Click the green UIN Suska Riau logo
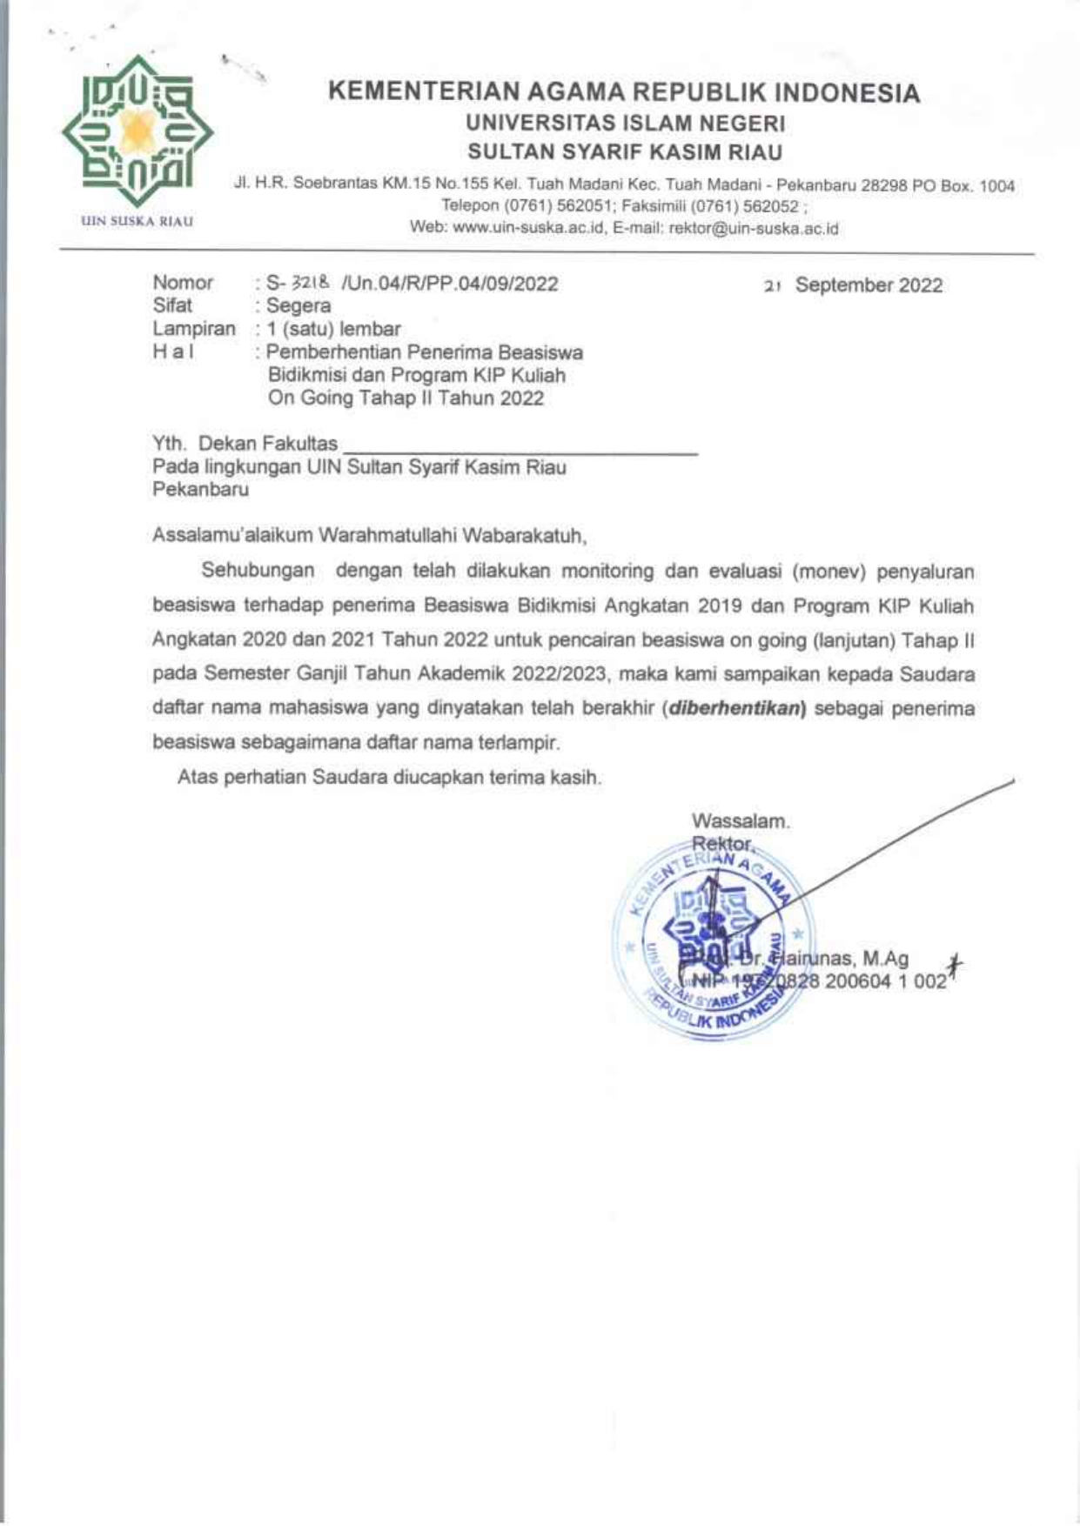coord(137,131)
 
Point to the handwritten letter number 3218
coord(312,283)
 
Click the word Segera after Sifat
coord(299,306)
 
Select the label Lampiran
coord(193,329)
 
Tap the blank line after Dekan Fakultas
coord(520,448)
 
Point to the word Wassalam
coord(741,820)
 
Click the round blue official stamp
coord(714,940)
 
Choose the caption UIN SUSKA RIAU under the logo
coord(137,221)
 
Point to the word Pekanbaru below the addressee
coord(200,490)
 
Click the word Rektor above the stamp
coord(722,843)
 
